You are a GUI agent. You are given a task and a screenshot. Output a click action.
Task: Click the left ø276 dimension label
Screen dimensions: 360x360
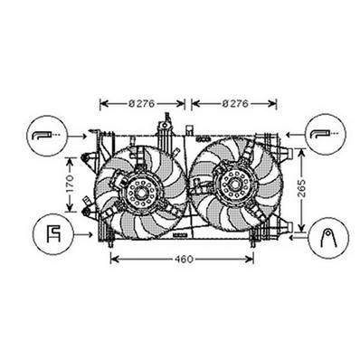(x=142, y=103)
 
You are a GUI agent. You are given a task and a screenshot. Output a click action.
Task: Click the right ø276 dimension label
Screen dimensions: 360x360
(x=237, y=103)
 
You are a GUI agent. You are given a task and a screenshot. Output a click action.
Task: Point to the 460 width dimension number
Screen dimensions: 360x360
(x=183, y=261)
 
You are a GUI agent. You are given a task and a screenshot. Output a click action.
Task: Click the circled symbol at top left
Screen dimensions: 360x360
(x=43, y=136)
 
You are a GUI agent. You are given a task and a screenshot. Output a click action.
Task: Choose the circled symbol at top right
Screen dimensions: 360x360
(x=324, y=136)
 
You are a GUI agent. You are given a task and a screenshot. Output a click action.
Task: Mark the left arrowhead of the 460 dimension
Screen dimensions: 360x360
(x=114, y=261)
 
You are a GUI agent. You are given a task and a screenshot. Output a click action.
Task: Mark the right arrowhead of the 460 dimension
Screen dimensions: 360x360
(x=254, y=261)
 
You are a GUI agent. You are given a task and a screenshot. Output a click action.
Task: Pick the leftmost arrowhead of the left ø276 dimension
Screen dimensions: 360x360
(x=102, y=103)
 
